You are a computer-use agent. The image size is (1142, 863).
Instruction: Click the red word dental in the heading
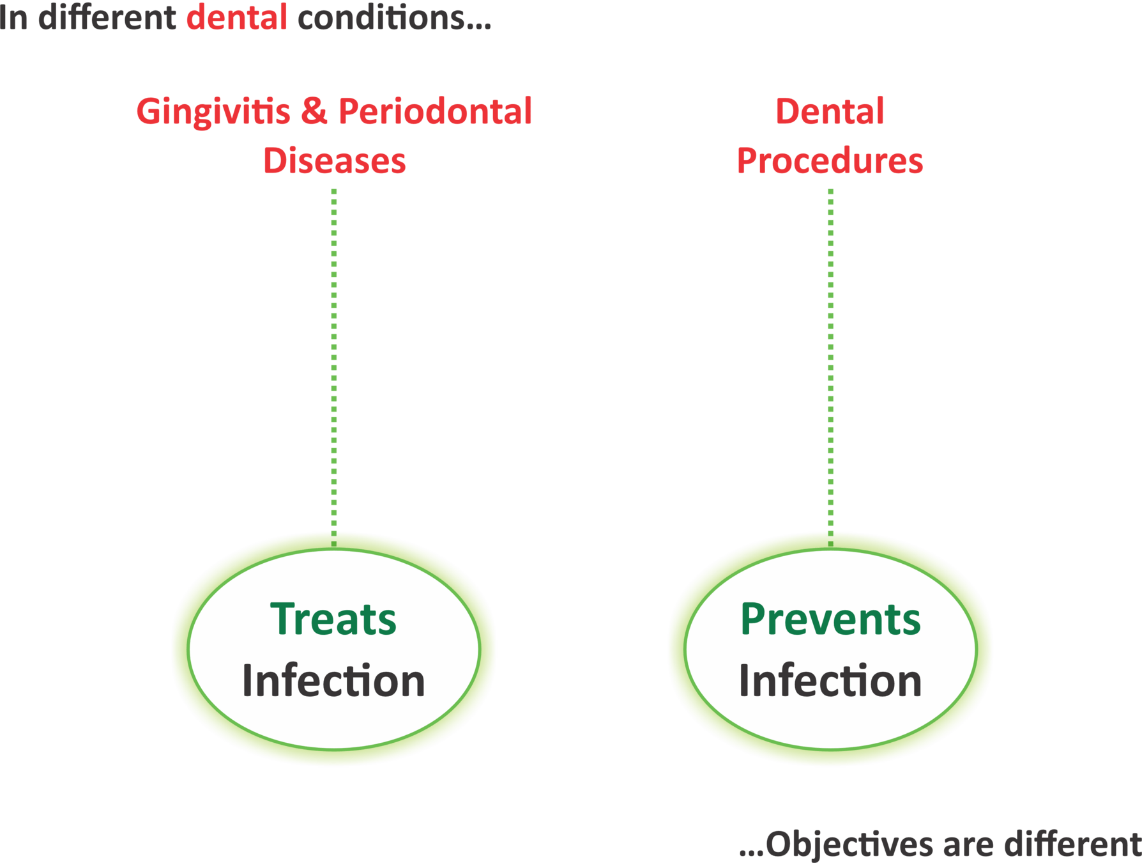(x=236, y=17)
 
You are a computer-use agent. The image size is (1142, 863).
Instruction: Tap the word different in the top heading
(x=107, y=17)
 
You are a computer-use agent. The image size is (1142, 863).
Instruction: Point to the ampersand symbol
(x=313, y=111)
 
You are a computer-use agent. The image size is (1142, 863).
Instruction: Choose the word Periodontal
(x=435, y=111)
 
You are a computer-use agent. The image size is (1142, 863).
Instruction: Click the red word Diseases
(x=334, y=160)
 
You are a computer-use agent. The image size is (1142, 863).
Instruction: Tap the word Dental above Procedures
(x=830, y=111)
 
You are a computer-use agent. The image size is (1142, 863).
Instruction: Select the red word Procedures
(x=830, y=160)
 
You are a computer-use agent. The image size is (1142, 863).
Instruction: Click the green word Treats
(x=333, y=619)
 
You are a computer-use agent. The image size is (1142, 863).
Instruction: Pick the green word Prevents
(x=830, y=619)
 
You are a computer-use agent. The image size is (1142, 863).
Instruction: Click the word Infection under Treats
(x=333, y=680)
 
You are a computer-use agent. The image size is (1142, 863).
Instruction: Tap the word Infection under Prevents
(x=830, y=680)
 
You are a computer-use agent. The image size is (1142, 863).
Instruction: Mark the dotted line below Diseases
(x=334, y=364)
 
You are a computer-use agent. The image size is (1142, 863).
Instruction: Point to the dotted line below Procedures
(x=830, y=364)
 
